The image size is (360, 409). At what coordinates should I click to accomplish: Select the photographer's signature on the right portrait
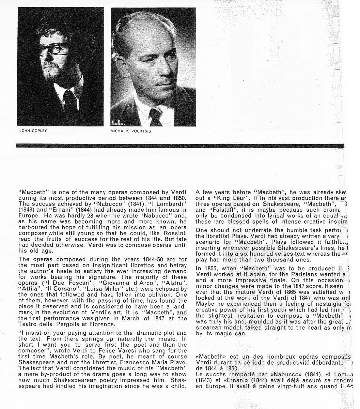coord(119,123)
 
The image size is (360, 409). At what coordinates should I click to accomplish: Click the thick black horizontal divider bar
coord(180,146)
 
